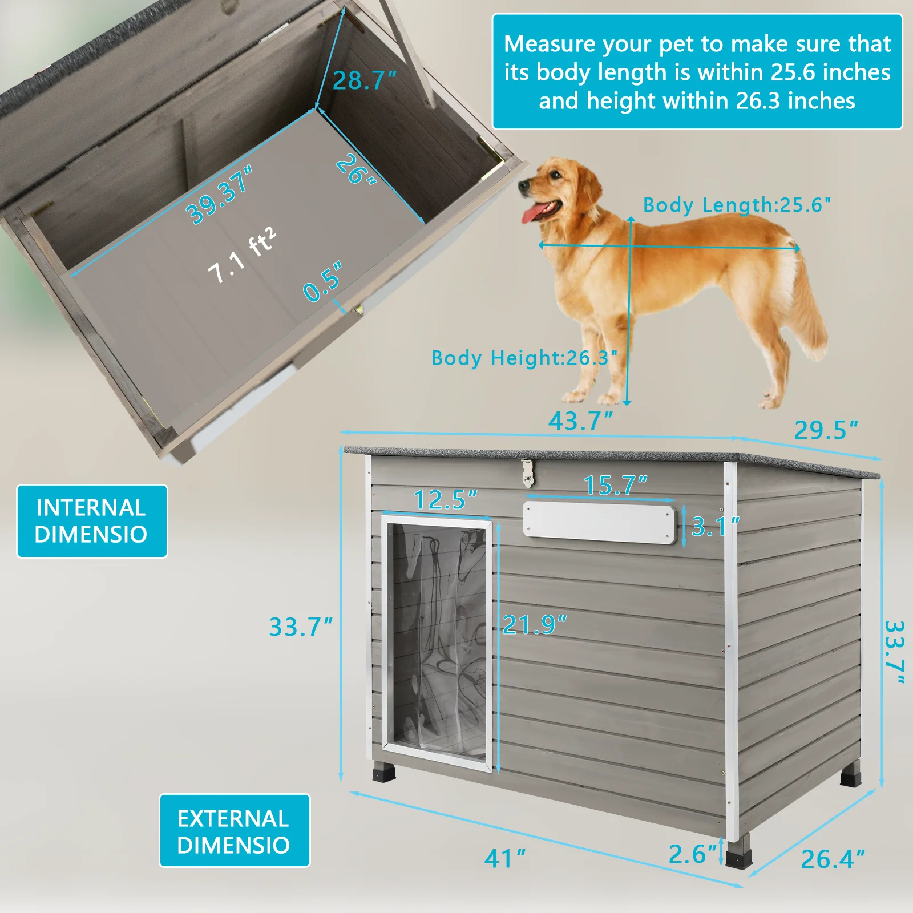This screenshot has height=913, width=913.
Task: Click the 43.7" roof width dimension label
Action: [580, 421]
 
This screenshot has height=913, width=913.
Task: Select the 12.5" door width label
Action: [445, 500]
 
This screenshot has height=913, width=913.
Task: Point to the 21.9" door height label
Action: [534, 625]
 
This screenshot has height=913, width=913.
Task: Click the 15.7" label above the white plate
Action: [615, 486]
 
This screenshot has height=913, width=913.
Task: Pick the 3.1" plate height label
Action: [714, 526]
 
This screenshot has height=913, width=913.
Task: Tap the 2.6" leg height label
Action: [692, 854]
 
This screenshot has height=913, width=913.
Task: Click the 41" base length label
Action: [504, 858]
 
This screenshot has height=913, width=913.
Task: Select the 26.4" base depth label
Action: [832, 859]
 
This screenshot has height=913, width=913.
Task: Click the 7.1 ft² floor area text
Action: [241, 256]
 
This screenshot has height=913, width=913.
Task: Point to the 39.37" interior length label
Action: [219, 195]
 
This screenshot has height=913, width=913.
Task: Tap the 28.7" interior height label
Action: [363, 80]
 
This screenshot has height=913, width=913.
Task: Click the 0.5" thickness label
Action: [322, 281]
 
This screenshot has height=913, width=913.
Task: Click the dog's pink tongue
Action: [534, 214]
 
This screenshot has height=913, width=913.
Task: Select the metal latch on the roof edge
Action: [527, 473]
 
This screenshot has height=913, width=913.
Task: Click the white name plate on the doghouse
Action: [599, 522]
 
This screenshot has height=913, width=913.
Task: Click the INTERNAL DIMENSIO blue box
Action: [92, 521]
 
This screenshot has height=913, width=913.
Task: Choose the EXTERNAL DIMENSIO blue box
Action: [234, 831]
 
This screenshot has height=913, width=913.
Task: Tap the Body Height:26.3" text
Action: [524, 358]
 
